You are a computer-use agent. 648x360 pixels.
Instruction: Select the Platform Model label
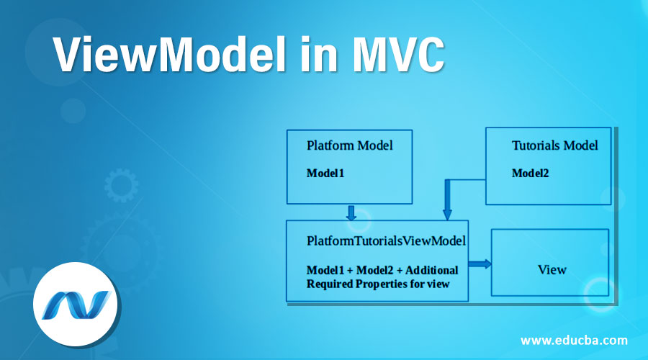349,145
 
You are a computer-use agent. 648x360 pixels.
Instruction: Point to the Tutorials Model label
554,145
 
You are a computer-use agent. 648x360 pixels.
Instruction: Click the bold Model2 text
531,173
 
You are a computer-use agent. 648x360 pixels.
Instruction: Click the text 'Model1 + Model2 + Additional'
382,270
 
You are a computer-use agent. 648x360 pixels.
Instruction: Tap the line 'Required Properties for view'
378,283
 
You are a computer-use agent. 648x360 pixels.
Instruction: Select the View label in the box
552,270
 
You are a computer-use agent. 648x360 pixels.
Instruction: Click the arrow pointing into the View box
480,264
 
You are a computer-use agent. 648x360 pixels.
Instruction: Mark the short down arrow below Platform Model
351,213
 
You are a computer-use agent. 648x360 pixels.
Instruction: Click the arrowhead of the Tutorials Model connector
446,214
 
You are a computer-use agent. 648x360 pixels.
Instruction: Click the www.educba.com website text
574,340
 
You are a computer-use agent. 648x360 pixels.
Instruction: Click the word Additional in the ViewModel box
432,270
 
